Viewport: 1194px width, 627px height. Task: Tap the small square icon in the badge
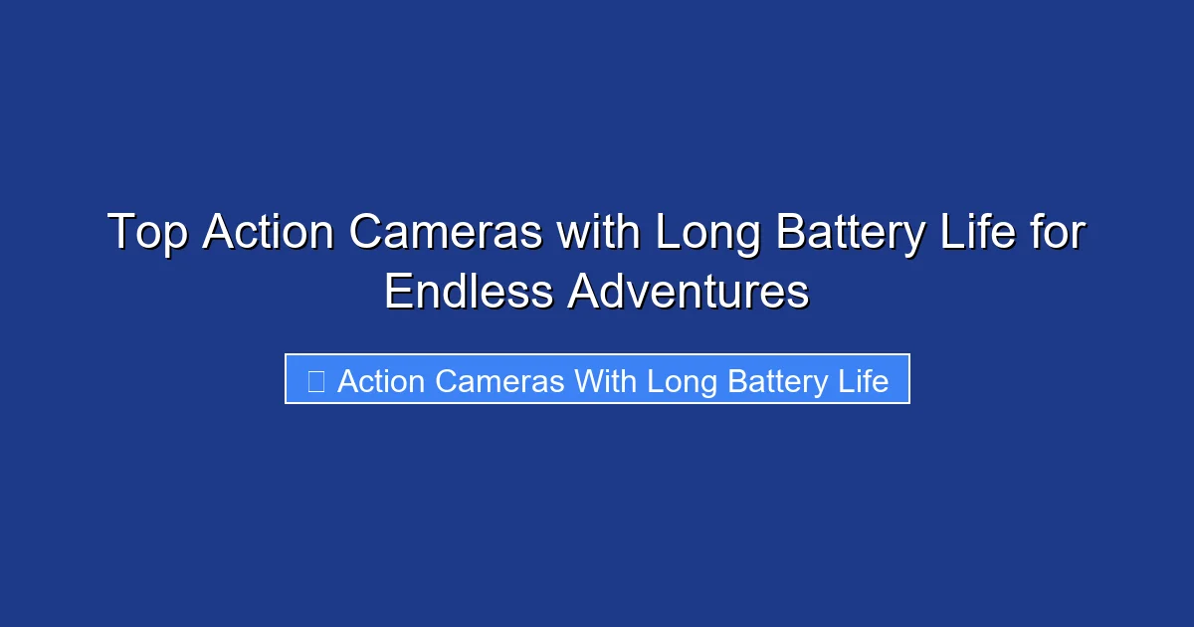coord(315,381)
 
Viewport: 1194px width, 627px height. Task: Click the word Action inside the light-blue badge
coord(381,381)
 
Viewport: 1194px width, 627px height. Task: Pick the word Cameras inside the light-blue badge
coord(500,381)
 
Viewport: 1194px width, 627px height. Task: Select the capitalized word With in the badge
coord(607,381)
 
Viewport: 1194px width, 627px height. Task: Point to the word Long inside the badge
coord(683,381)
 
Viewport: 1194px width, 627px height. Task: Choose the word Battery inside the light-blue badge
coord(779,381)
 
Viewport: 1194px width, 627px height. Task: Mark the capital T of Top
coord(119,234)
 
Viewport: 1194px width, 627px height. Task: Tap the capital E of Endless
coord(397,293)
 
